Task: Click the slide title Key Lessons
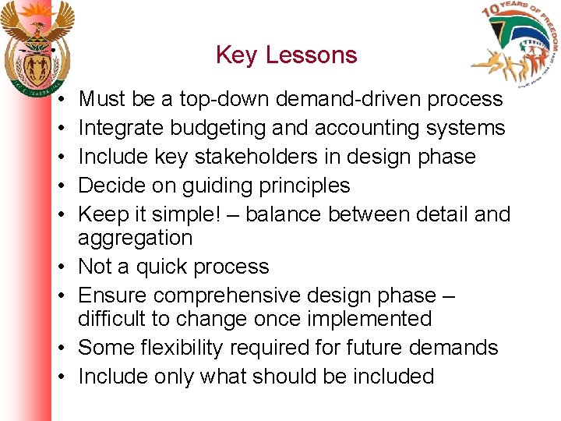coord(286,55)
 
